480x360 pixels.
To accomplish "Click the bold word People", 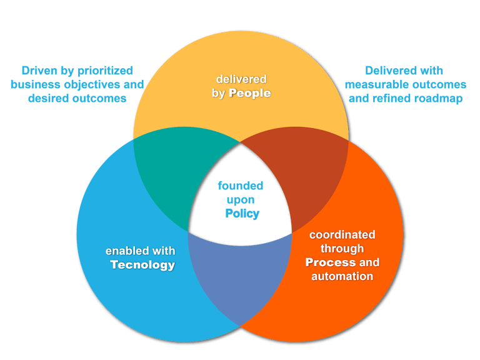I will (x=249, y=93).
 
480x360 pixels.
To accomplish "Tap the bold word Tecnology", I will (x=142, y=264).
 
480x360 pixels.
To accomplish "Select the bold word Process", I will (x=331, y=262).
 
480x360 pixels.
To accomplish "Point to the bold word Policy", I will (x=242, y=214).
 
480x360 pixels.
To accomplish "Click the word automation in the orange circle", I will (x=342, y=276).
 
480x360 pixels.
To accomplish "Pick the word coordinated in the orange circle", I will (x=342, y=235).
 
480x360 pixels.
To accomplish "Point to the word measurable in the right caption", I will (x=373, y=84).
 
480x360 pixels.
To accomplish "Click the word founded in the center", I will (x=241, y=186).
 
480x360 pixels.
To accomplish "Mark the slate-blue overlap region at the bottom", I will (x=241, y=275).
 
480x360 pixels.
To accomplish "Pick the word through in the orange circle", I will (x=342, y=249).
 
